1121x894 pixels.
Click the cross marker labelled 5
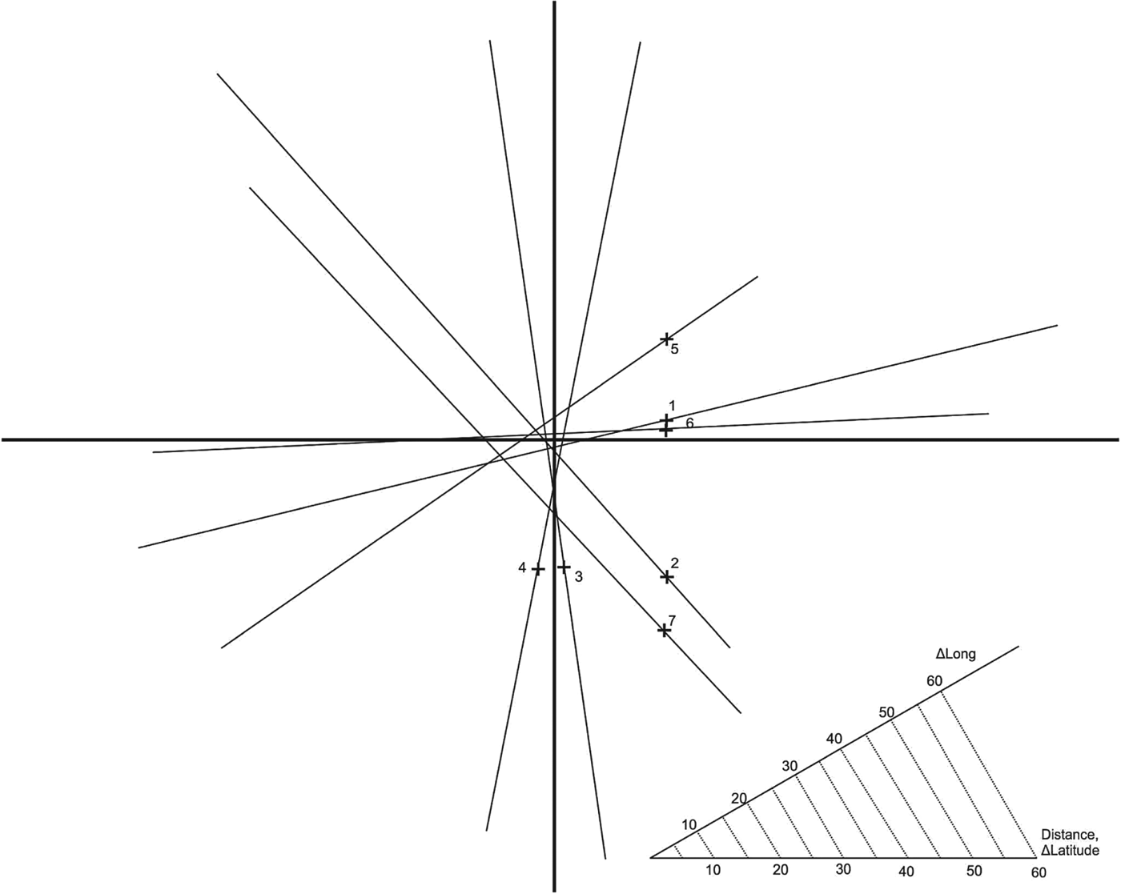pyautogui.click(x=665, y=339)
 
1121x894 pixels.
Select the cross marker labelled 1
pyautogui.click(x=666, y=419)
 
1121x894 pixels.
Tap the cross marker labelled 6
pyautogui.click(x=666, y=431)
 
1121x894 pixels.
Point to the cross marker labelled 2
pyautogui.click(x=666, y=576)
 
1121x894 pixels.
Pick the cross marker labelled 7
pyautogui.click(x=664, y=631)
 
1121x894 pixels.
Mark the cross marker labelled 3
pyautogui.click(x=564, y=567)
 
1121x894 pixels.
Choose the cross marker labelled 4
pyautogui.click(x=538, y=569)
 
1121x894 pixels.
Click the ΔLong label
pyautogui.click(x=956, y=655)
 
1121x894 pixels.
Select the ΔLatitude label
pyautogui.click(x=1070, y=851)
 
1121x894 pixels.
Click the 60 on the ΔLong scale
pyautogui.click(x=934, y=681)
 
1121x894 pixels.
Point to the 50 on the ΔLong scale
pyautogui.click(x=886, y=712)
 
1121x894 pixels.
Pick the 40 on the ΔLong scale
pyautogui.click(x=834, y=739)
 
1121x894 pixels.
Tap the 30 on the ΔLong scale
pyautogui.click(x=790, y=766)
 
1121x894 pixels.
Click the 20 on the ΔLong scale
pyautogui.click(x=739, y=798)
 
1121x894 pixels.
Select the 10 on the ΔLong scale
pyautogui.click(x=689, y=825)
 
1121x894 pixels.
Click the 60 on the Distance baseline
pyautogui.click(x=1039, y=872)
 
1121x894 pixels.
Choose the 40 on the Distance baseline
pyautogui.click(x=906, y=871)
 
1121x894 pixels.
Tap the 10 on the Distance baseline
pyautogui.click(x=713, y=871)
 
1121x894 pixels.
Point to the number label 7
pyautogui.click(x=672, y=620)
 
